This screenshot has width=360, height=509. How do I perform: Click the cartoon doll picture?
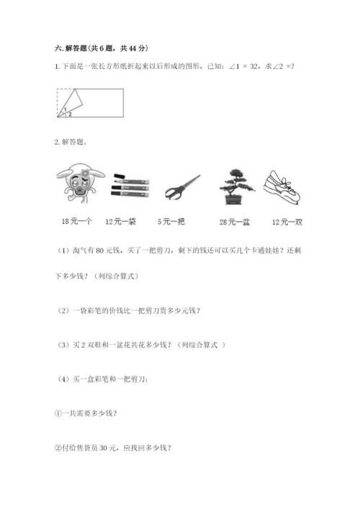coord(76,188)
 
